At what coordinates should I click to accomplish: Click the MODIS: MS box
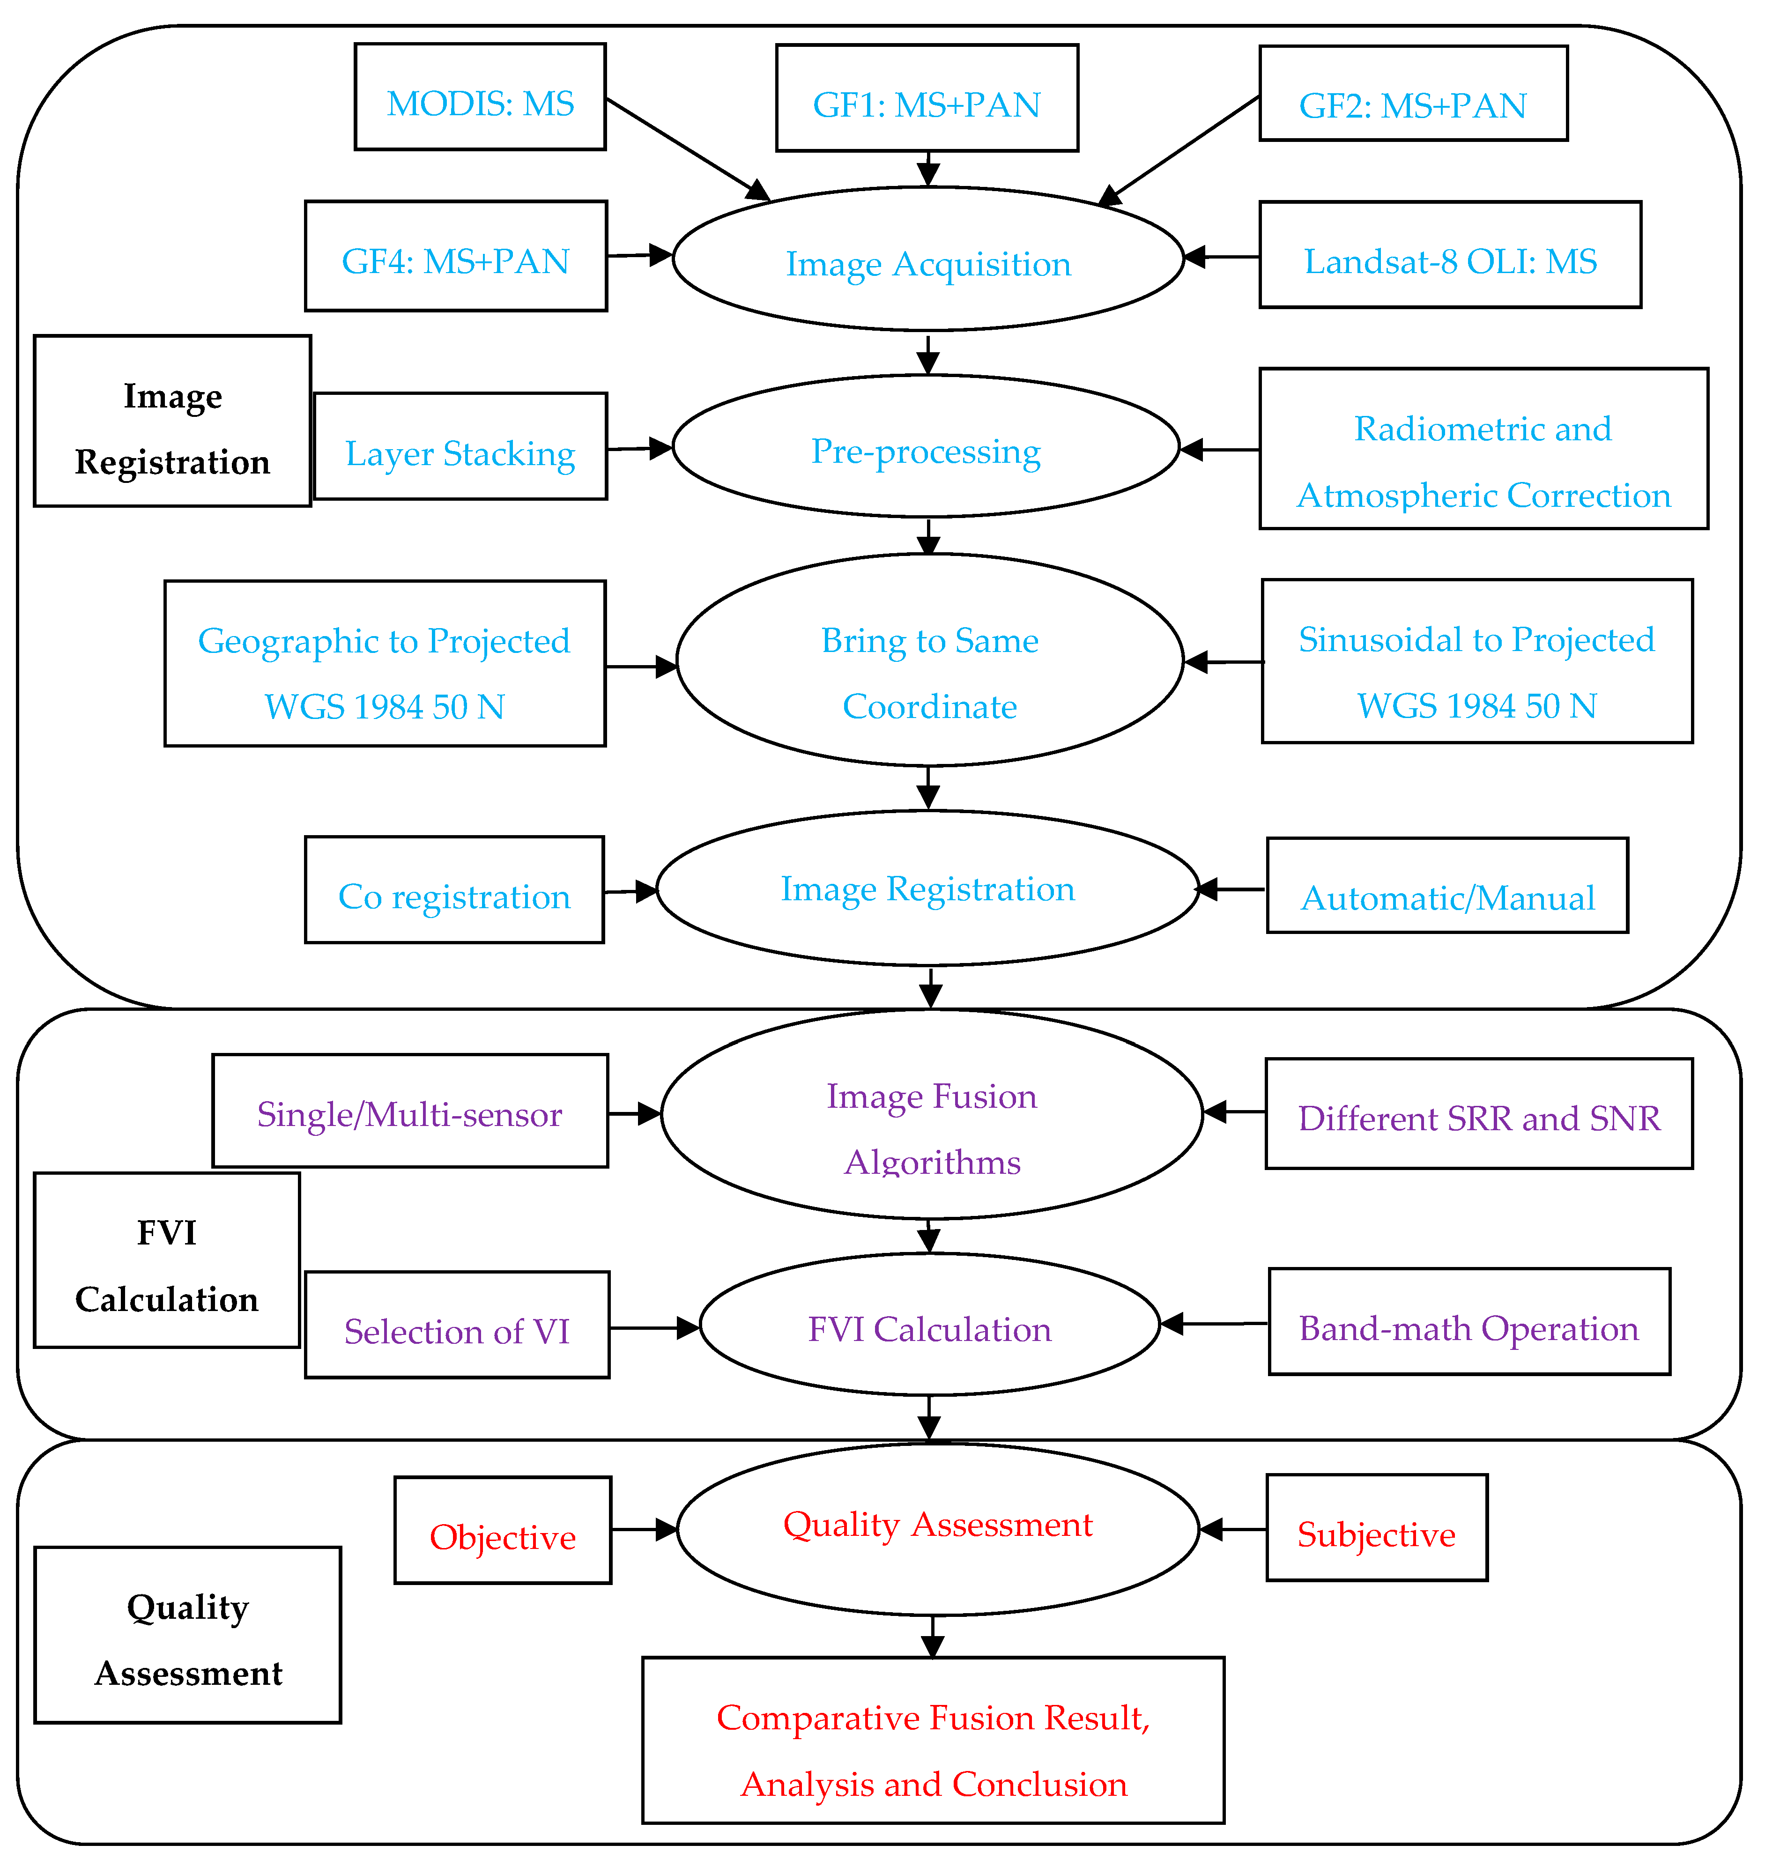coord(480,97)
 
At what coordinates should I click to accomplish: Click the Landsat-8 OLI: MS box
coord(1450,255)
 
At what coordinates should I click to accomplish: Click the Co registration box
coord(454,890)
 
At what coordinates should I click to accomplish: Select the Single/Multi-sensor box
coord(410,1111)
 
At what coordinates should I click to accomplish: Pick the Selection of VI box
coord(457,1325)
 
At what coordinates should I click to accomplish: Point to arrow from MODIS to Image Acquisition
coord(687,148)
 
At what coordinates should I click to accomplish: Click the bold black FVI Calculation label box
coord(167,1260)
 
